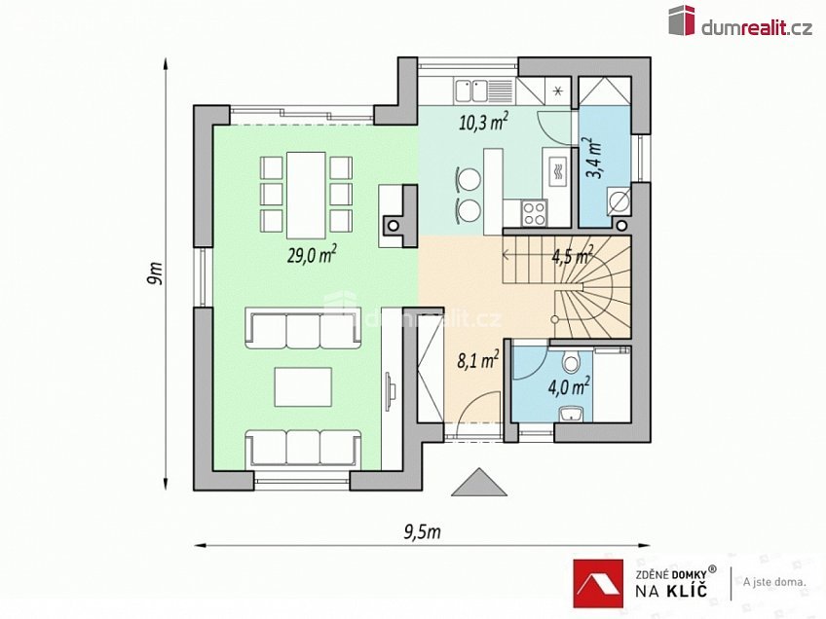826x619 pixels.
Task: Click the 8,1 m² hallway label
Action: point(477,361)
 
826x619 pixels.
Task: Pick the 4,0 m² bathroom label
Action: point(569,386)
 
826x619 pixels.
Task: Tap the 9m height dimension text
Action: point(154,273)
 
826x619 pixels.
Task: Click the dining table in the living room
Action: point(306,193)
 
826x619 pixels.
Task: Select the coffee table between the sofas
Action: point(303,385)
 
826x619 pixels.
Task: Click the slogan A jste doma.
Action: point(773,582)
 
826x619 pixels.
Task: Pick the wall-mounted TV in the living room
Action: point(391,390)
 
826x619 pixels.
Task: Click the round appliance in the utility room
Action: point(617,202)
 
